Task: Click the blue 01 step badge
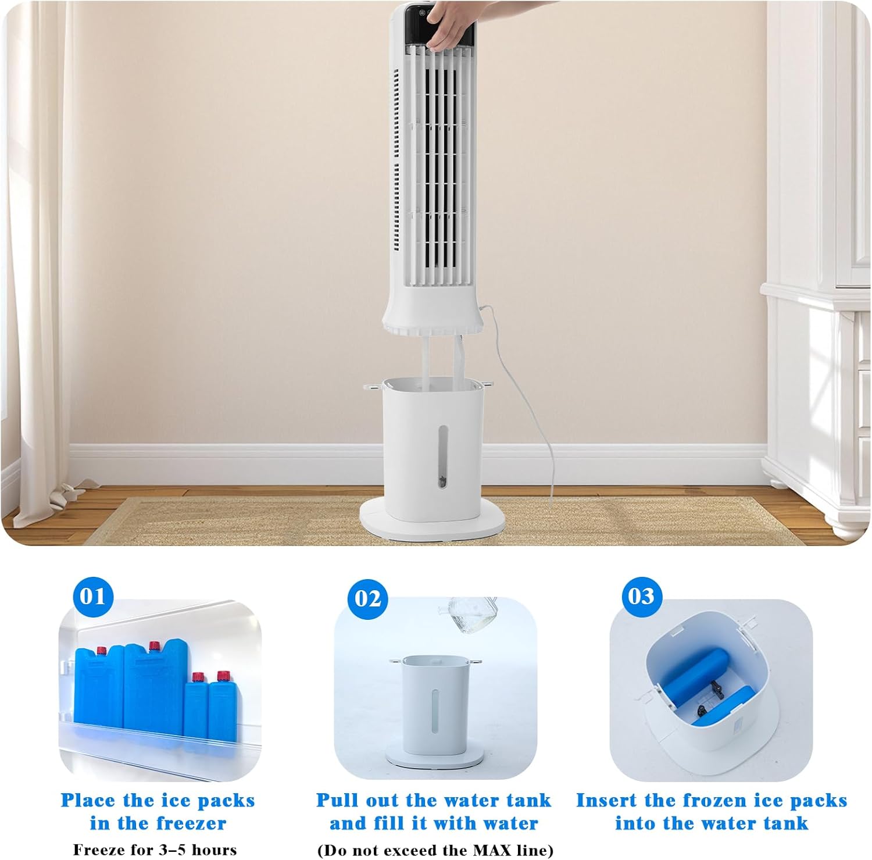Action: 93,596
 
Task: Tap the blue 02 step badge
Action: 367,599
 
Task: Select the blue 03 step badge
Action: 641,596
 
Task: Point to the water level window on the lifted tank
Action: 443,456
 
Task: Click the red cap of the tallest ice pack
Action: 155,646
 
